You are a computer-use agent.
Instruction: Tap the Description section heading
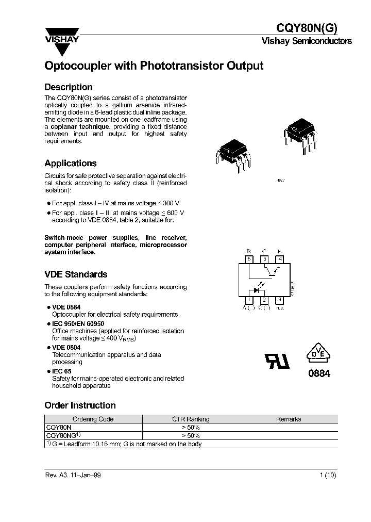coord(69,87)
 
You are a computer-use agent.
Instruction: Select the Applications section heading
coord(71,163)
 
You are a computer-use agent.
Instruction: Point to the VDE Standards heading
coord(76,274)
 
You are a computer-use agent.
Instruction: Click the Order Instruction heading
coord(80,405)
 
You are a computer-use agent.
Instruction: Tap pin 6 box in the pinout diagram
coord(249,259)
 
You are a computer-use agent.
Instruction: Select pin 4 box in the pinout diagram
coord(279,259)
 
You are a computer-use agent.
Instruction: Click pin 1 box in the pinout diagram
coord(249,300)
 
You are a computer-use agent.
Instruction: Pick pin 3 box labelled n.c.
coord(279,300)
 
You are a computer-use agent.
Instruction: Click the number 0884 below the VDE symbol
coord(319,374)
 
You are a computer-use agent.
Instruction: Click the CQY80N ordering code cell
coord(59,427)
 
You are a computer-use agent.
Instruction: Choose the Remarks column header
coord(289,419)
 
